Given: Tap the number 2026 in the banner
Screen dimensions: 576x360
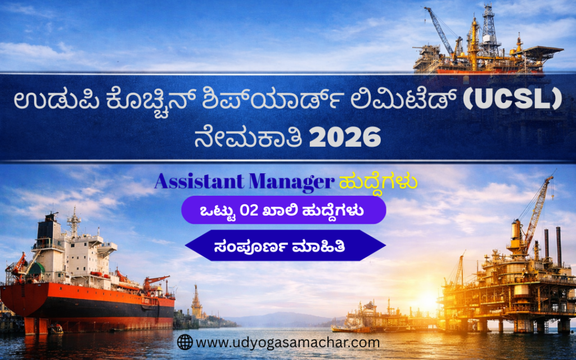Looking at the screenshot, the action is click(x=345, y=137).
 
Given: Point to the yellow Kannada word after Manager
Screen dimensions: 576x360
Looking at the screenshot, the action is click(x=378, y=182).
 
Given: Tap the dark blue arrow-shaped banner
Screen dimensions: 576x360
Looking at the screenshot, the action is click(x=285, y=245).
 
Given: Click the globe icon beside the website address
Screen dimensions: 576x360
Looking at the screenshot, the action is click(x=184, y=342).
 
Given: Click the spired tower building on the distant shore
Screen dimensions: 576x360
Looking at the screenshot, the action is click(x=196, y=301).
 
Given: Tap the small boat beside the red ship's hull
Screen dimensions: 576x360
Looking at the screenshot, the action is click(x=56, y=328).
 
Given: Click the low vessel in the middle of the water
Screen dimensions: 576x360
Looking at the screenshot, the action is click(x=371, y=318).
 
